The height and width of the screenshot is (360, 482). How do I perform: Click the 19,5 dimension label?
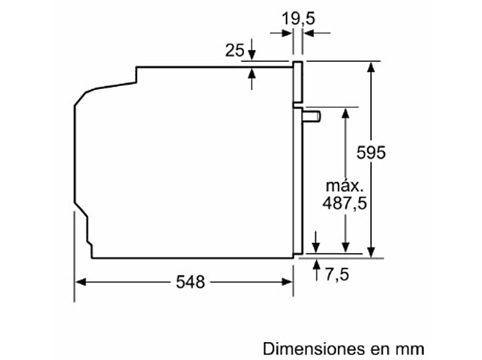[298, 18]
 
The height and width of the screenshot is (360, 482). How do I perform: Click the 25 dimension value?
[234, 50]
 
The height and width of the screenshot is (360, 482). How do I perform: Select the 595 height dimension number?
[371, 153]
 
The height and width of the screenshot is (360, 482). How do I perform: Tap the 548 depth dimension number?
[190, 282]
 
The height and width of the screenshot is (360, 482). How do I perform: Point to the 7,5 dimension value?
[337, 274]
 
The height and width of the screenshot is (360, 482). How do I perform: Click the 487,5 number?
[345, 203]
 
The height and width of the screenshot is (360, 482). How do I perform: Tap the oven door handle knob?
[312, 116]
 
